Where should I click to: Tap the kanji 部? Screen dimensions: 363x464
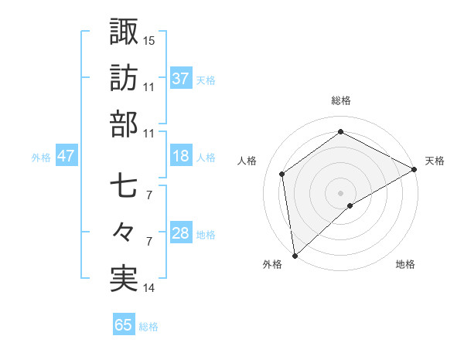click(124, 124)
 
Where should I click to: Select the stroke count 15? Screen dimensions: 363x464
click(149, 39)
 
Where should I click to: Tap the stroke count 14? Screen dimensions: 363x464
click(149, 288)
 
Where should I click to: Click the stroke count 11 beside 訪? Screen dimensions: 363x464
click(149, 87)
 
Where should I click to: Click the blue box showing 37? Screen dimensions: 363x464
click(181, 78)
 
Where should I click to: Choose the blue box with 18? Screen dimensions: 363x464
click(181, 156)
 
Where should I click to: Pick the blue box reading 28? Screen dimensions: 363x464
click(181, 233)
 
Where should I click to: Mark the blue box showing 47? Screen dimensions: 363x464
click(67, 156)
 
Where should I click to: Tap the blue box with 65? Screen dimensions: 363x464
click(123, 325)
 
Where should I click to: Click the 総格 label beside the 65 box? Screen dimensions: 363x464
click(149, 327)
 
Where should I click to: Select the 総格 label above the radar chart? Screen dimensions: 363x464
click(341, 100)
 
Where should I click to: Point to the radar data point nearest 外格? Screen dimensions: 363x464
click(295, 255)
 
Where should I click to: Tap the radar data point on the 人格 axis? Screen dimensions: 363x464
click(282, 174)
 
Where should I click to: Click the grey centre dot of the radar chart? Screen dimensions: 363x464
click(341, 192)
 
